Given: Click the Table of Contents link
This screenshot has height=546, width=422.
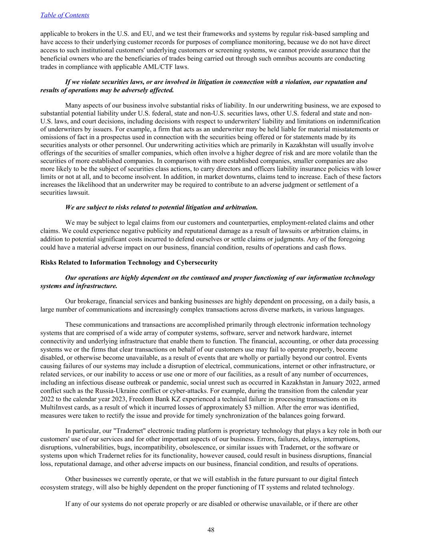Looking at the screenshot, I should pyautogui.click(x=65, y=15).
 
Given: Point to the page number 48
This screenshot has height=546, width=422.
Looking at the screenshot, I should pyautogui.click(x=211, y=530).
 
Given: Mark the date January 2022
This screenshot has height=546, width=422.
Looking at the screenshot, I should pyautogui.click(x=325, y=383).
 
